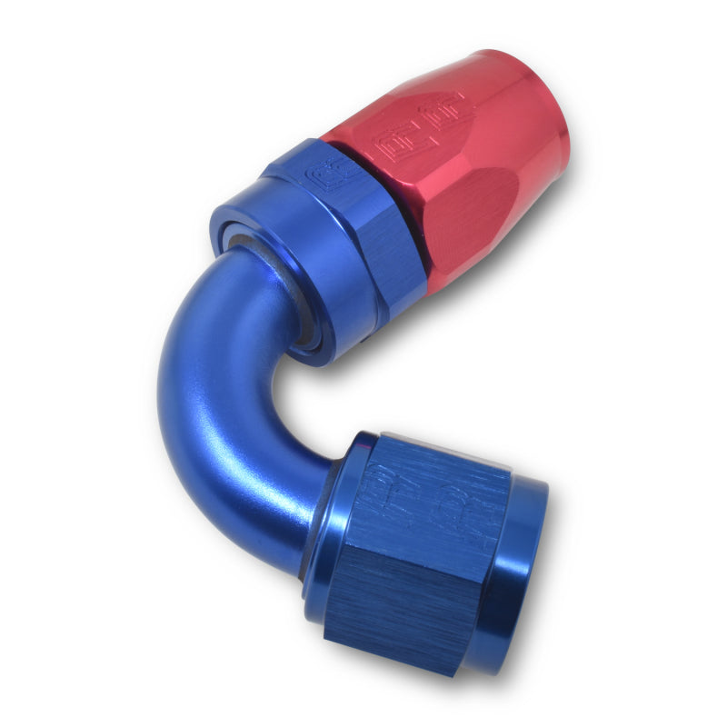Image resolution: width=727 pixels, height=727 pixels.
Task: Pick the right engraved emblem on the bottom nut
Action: pos(477,518)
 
